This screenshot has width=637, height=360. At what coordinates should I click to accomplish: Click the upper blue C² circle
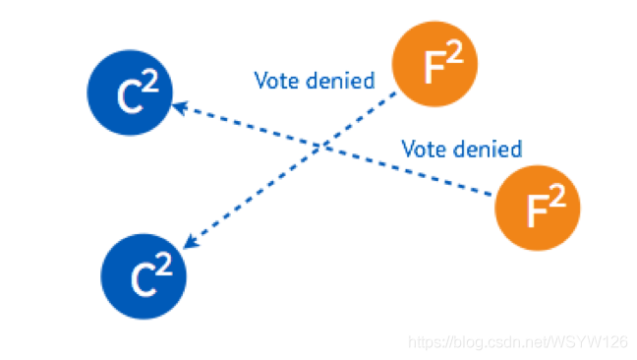click(130, 92)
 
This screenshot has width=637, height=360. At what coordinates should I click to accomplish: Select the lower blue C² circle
click(144, 276)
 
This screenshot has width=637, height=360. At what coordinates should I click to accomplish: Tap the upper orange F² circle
click(434, 64)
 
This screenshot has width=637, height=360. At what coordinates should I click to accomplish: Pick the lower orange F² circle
click(538, 208)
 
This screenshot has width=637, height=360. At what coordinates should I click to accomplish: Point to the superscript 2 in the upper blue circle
click(150, 81)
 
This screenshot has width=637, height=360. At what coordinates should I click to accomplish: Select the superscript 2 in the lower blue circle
click(164, 265)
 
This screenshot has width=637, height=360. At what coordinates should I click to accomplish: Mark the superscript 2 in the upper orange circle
click(454, 51)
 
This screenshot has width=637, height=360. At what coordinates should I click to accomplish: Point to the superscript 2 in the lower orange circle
click(557, 195)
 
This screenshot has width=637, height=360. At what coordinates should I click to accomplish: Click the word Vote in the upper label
click(277, 81)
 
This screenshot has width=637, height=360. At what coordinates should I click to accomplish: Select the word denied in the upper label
click(340, 80)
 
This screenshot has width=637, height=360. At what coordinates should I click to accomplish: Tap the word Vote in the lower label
click(425, 150)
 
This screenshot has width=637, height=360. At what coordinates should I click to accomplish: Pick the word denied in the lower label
click(488, 149)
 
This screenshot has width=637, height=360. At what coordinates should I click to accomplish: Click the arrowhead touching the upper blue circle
click(180, 107)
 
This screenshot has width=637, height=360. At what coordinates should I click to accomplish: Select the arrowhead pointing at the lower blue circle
click(191, 242)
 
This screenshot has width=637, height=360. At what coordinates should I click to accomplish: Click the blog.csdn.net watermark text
click(518, 342)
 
